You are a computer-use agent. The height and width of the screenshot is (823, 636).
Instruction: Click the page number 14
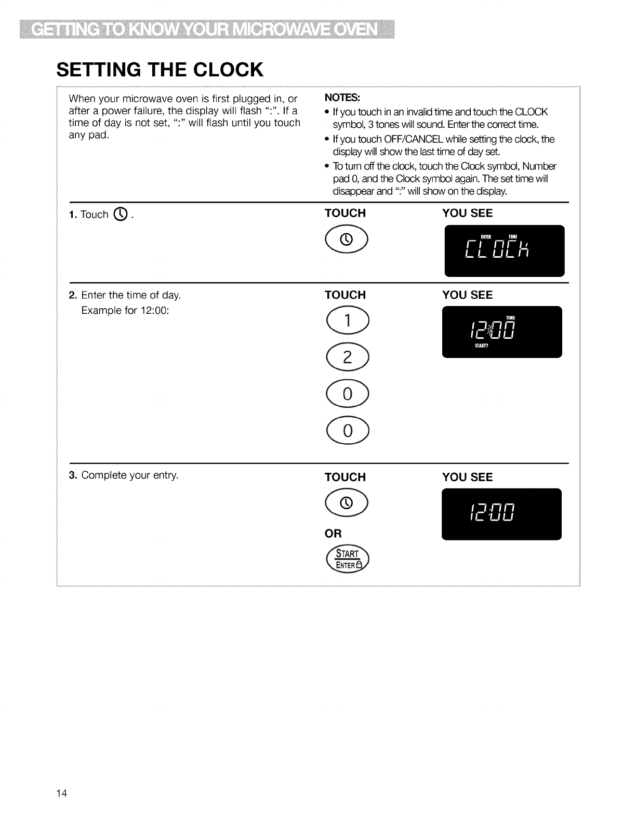tap(62, 793)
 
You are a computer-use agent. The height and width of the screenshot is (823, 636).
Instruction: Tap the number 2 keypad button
tap(347, 356)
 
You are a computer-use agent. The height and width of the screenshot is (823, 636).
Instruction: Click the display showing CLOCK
tap(504, 250)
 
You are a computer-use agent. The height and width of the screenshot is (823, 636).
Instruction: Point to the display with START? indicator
tap(502, 332)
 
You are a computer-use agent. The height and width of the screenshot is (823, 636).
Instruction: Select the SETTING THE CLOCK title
tap(160, 69)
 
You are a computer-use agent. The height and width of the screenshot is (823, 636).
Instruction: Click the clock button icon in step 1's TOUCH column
tap(347, 238)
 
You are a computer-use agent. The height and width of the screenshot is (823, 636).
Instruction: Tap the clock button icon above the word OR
tap(347, 502)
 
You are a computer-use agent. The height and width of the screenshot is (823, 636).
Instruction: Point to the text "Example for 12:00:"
tap(125, 311)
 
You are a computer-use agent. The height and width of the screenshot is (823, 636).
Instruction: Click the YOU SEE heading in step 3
tap(467, 477)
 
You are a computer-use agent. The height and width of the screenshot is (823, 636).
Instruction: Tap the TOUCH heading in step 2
tap(345, 295)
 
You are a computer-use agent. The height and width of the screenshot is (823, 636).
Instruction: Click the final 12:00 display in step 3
tap(502, 514)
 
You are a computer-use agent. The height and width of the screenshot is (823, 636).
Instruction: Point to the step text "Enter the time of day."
tap(131, 296)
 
